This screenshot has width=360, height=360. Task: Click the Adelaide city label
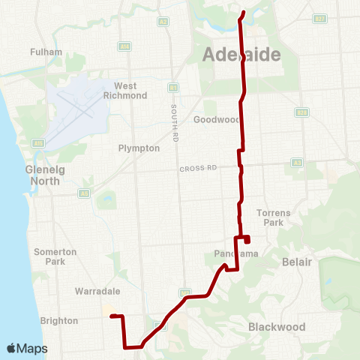[241, 55]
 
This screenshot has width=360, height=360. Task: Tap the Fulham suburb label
[40, 52]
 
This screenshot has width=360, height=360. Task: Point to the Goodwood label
[216, 120]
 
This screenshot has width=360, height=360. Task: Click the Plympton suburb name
[139, 148]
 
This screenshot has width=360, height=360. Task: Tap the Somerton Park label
[55, 256]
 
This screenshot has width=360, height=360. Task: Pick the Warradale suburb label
[93, 290]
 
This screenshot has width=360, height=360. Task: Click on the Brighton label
[59, 321]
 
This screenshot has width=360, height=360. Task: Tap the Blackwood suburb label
[277, 327]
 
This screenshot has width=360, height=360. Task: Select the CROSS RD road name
[198, 169]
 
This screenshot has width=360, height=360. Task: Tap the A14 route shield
[124, 46]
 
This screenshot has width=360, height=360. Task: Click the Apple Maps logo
[27, 348]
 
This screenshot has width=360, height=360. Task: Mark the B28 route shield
[301, 112]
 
